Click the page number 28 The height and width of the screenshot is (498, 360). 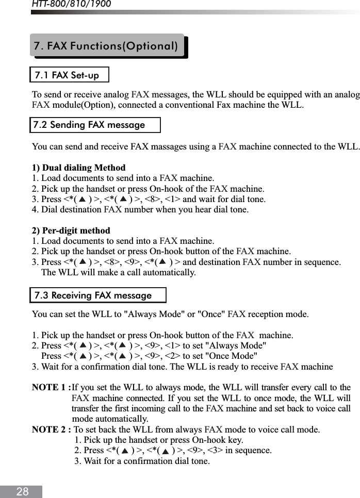22,492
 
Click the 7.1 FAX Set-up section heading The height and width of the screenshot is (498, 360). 67,75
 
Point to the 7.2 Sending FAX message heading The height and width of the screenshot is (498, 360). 89,125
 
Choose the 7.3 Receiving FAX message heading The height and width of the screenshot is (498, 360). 93,296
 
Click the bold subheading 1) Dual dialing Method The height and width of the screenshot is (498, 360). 78,168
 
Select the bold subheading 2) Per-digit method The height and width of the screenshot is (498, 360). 71,230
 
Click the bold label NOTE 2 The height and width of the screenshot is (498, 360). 50,429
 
